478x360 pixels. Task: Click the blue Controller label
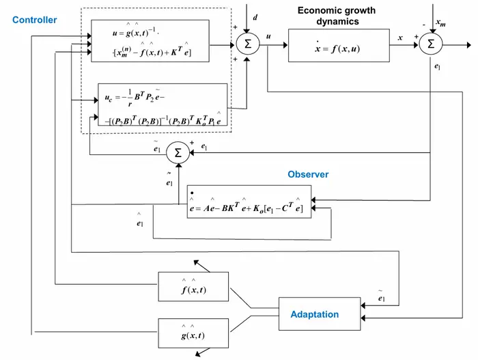(x=34, y=20)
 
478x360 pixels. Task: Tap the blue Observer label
(x=308, y=175)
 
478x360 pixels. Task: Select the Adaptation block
(x=314, y=315)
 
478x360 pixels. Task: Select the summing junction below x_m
(x=430, y=44)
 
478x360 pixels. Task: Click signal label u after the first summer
(x=268, y=38)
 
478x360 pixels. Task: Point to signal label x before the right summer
(x=400, y=38)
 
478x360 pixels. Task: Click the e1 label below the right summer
(x=438, y=68)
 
